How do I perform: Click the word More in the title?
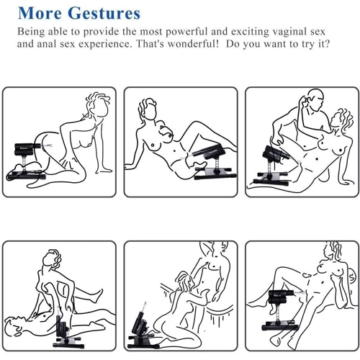[x=40, y=13]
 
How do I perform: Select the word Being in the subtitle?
[x=31, y=32]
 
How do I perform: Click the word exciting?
[x=250, y=32]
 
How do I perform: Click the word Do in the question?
[x=232, y=44]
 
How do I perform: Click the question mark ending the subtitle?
[x=327, y=44]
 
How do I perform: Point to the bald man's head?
[x=314, y=99]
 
